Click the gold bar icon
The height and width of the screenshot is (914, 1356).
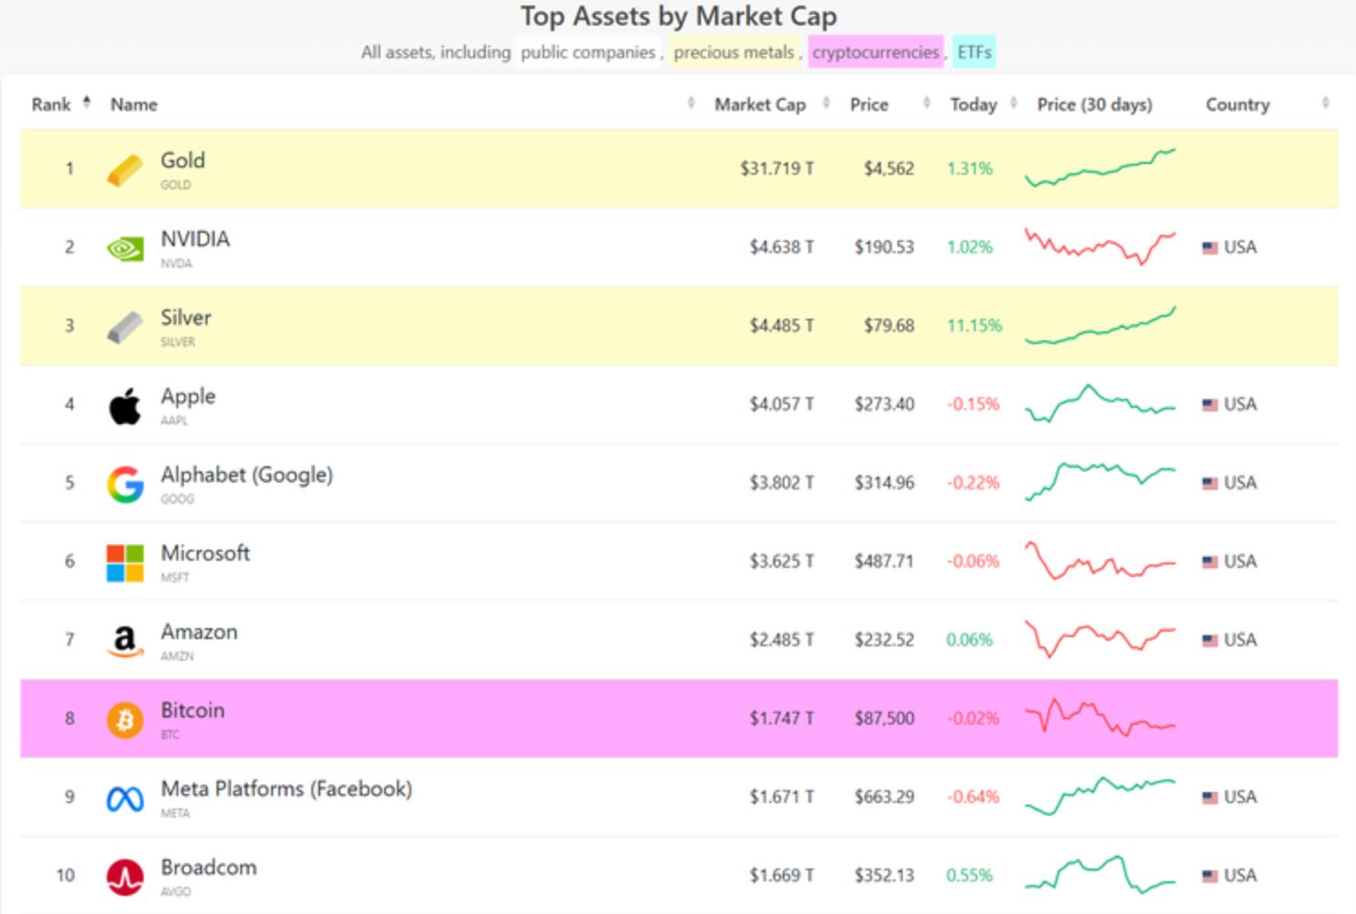[x=125, y=169]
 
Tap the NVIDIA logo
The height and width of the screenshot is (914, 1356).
[x=125, y=248]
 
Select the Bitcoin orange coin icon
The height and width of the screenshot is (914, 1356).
[x=125, y=719]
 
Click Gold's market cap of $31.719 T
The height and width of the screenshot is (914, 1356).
[x=776, y=168]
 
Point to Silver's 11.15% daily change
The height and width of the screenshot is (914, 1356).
[x=974, y=326]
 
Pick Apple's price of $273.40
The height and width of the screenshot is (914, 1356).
[x=884, y=404]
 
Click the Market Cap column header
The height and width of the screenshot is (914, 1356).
[x=760, y=105]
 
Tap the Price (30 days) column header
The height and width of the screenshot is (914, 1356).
[x=1094, y=105]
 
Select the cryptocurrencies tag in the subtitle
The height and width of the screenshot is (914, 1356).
[x=875, y=53]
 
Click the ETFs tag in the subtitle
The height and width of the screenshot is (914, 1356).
[x=974, y=53]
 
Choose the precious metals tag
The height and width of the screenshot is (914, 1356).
[x=734, y=53]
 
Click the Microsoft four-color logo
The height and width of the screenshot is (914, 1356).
[x=125, y=563]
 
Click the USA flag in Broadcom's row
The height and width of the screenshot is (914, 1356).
[x=1209, y=876]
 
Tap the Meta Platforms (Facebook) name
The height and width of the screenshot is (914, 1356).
[x=286, y=789]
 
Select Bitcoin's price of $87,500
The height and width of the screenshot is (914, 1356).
[x=884, y=718]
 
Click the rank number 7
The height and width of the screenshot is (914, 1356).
[x=69, y=640]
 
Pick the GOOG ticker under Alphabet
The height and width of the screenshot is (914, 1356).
[x=177, y=499]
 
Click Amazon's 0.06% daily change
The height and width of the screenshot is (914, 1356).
[x=969, y=640]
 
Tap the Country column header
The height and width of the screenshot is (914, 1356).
[x=1237, y=105]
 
